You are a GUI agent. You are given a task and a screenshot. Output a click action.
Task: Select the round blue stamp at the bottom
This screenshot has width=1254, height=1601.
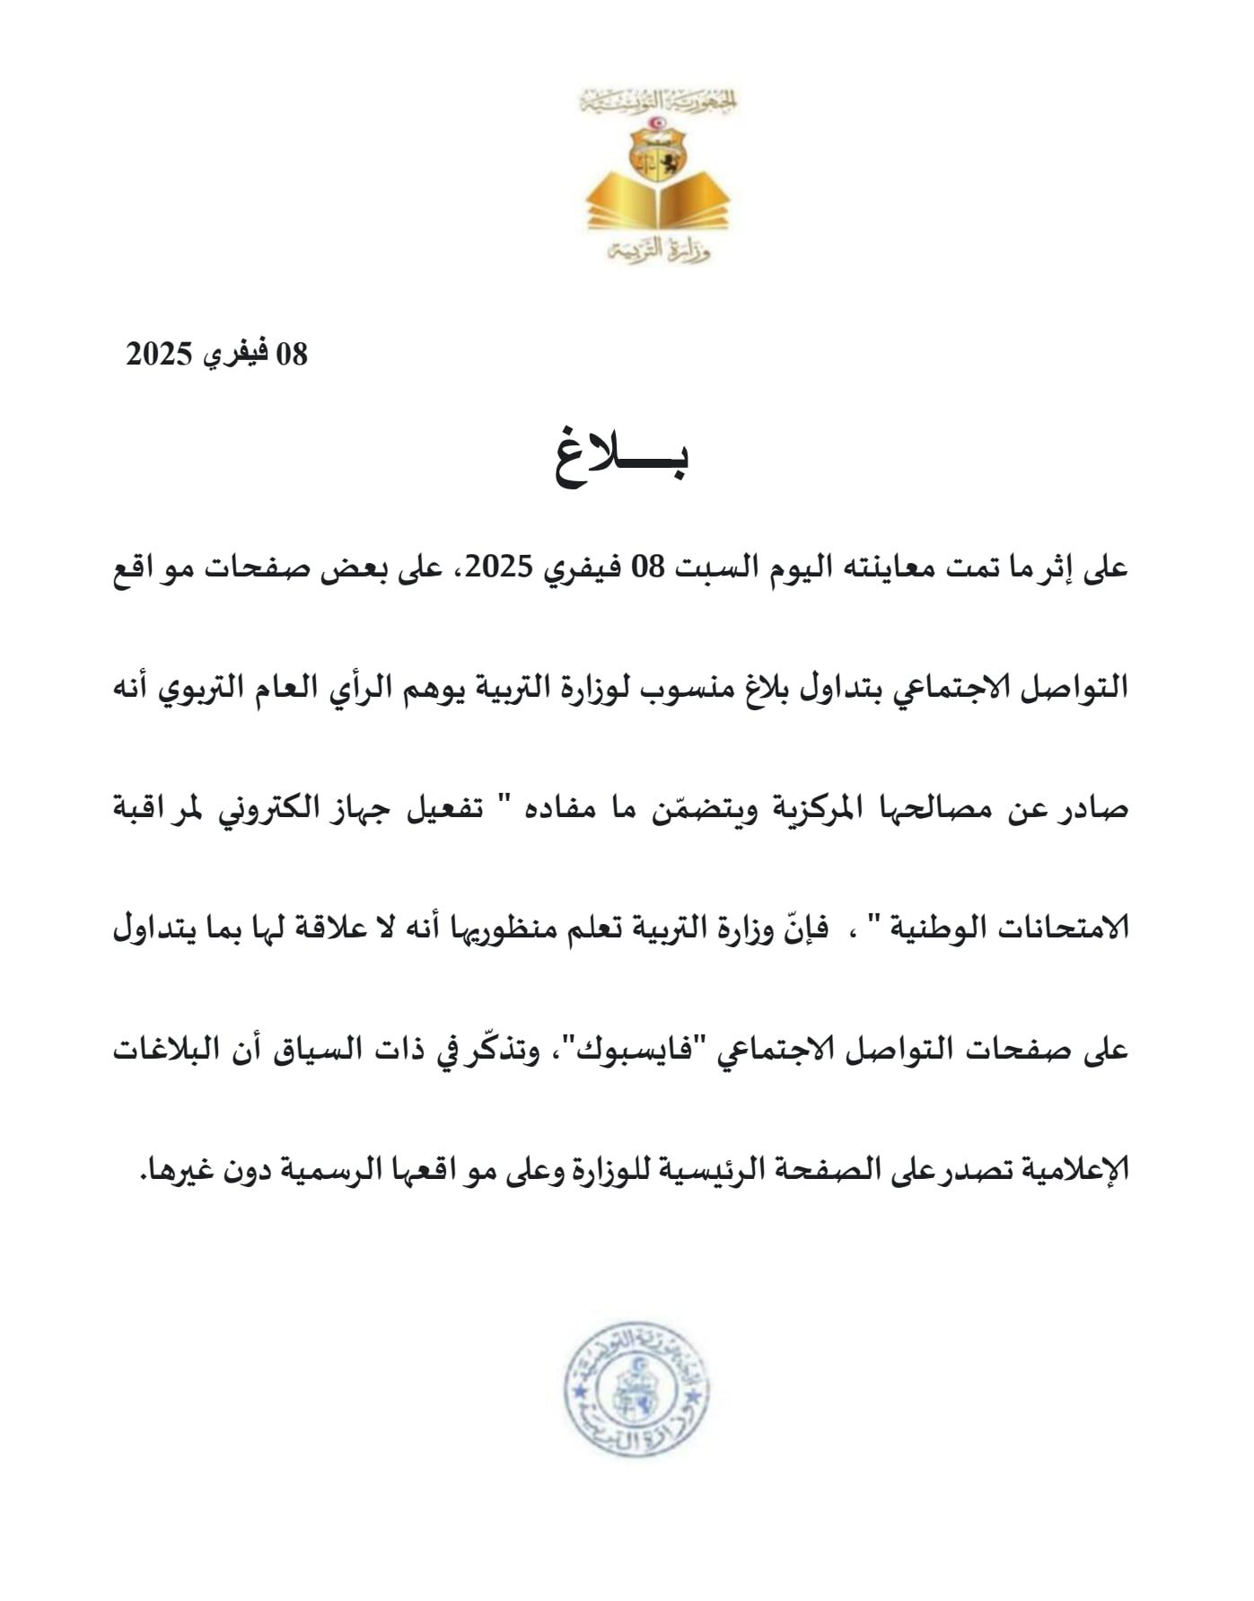pos(637,1394)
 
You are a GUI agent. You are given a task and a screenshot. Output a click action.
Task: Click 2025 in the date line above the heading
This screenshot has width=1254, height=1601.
pos(159,355)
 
